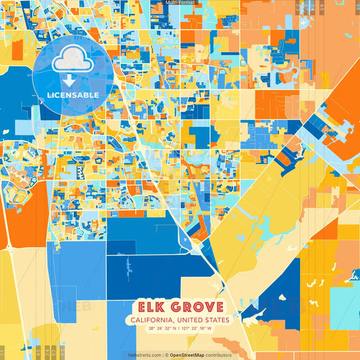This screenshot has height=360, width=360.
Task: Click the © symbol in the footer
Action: coord(167,355)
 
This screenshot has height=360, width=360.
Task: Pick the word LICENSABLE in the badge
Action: coord(72,95)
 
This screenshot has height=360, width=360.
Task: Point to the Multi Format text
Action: coord(180,3)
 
